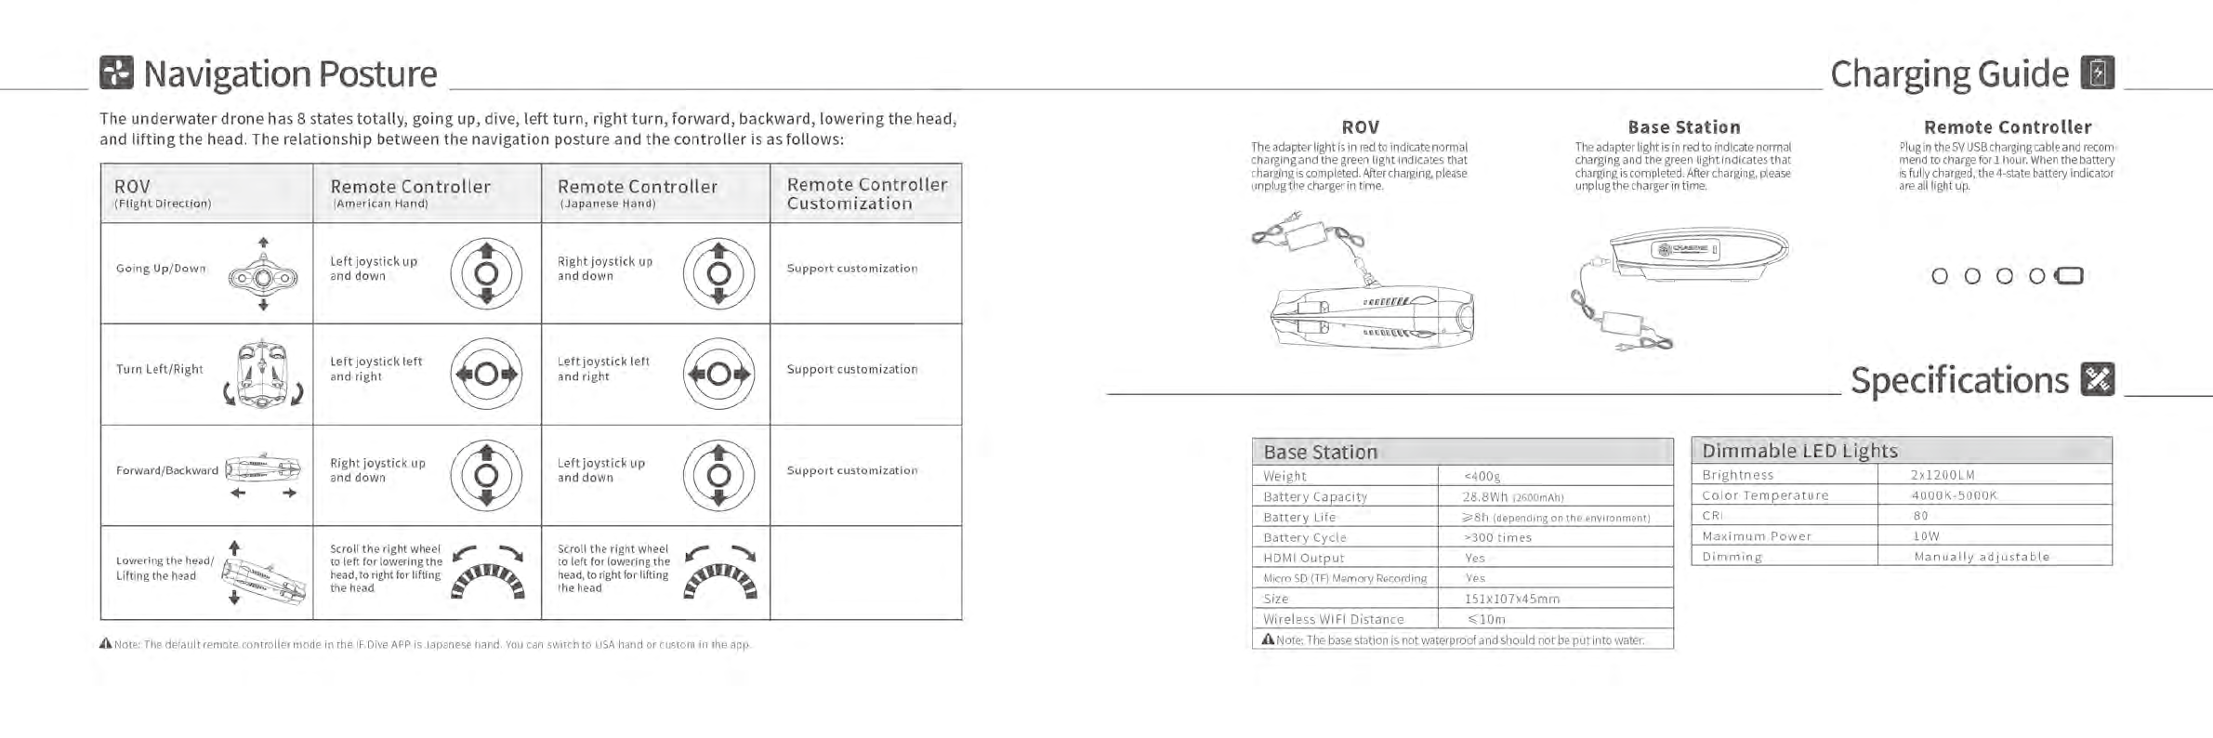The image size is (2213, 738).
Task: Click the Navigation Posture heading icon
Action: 116,72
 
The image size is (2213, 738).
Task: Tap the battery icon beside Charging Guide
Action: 2098,72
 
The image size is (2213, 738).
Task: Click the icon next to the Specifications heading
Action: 2098,379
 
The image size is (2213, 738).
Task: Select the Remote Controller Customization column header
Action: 866,193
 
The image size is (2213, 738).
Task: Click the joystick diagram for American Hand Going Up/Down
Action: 486,273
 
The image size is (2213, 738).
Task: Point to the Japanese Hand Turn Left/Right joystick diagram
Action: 718,374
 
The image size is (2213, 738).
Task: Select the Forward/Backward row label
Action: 167,470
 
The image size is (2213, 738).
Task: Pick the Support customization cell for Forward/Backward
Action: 851,470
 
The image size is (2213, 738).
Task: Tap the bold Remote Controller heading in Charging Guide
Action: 2007,127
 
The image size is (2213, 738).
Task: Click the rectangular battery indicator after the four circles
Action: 2069,275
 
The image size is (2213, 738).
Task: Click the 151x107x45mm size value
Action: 1511,599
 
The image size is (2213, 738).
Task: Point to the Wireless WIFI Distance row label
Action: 1333,619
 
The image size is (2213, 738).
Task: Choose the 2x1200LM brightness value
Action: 1942,475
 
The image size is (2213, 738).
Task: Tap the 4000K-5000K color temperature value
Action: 1953,495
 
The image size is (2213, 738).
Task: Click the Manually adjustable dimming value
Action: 1981,557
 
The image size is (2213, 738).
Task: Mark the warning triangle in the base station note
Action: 1267,639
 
